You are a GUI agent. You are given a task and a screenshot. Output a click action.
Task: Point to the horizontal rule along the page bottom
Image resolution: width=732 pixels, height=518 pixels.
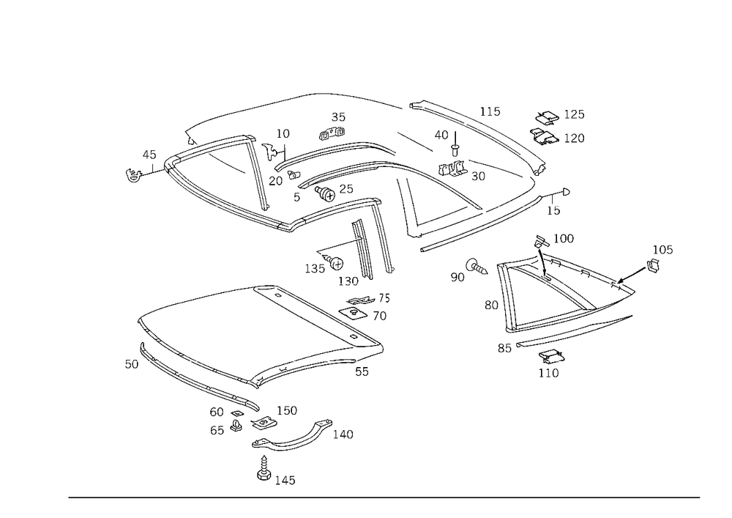(384, 497)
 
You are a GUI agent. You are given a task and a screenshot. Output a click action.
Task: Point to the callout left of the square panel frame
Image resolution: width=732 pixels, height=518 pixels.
(132, 363)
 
